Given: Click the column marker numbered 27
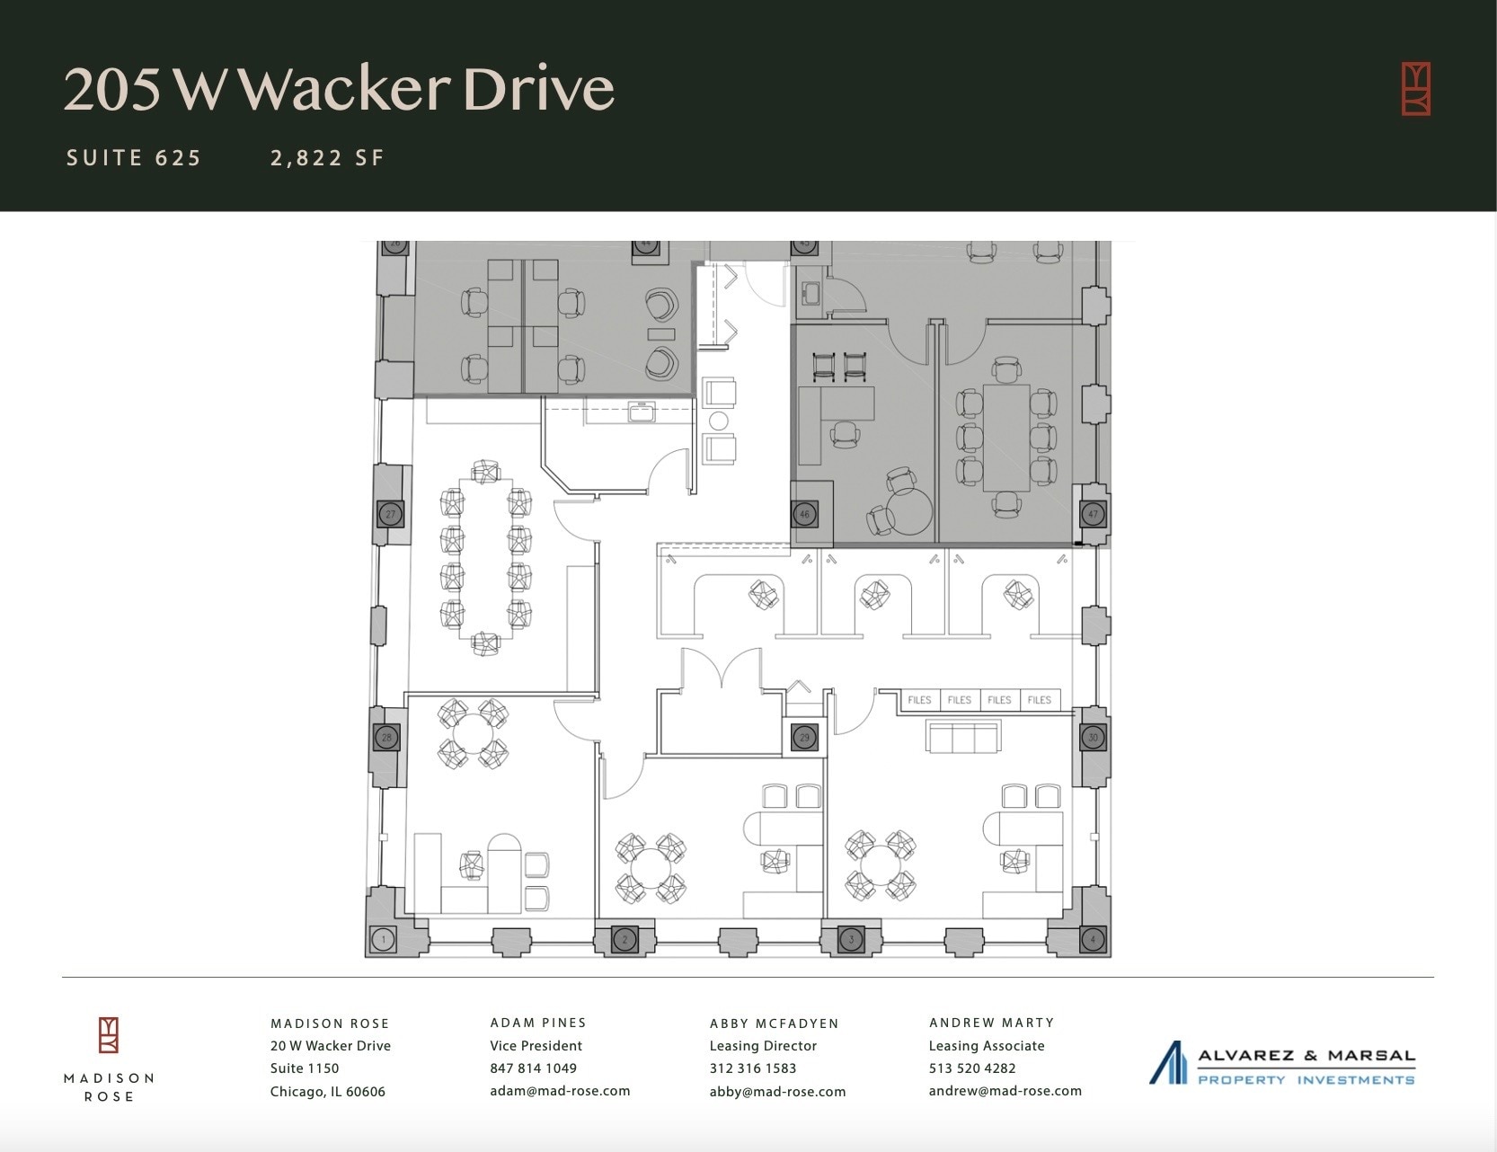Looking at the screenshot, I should click(390, 515).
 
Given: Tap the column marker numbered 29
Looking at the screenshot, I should click(804, 738).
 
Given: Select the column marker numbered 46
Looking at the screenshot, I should click(804, 515).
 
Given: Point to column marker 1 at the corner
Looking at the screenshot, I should click(384, 940).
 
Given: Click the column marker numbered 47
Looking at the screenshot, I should click(1093, 515).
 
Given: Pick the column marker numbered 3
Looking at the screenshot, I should click(851, 940).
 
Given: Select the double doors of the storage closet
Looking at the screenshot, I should click(722, 669).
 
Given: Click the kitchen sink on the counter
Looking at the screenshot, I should click(642, 412).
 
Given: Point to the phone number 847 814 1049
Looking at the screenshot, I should click(533, 1068).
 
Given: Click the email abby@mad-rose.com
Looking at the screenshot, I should click(777, 1092).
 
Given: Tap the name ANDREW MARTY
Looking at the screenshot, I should click(992, 1023).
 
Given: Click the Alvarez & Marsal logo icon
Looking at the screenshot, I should click(1168, 1063).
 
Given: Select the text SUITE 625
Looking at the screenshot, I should click(134, 158).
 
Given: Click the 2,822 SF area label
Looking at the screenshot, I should click(327, 158).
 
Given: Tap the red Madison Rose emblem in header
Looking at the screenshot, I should click(1416, 89).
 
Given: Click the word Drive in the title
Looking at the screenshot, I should click(539, 89).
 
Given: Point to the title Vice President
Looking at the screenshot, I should click(536, 1046).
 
